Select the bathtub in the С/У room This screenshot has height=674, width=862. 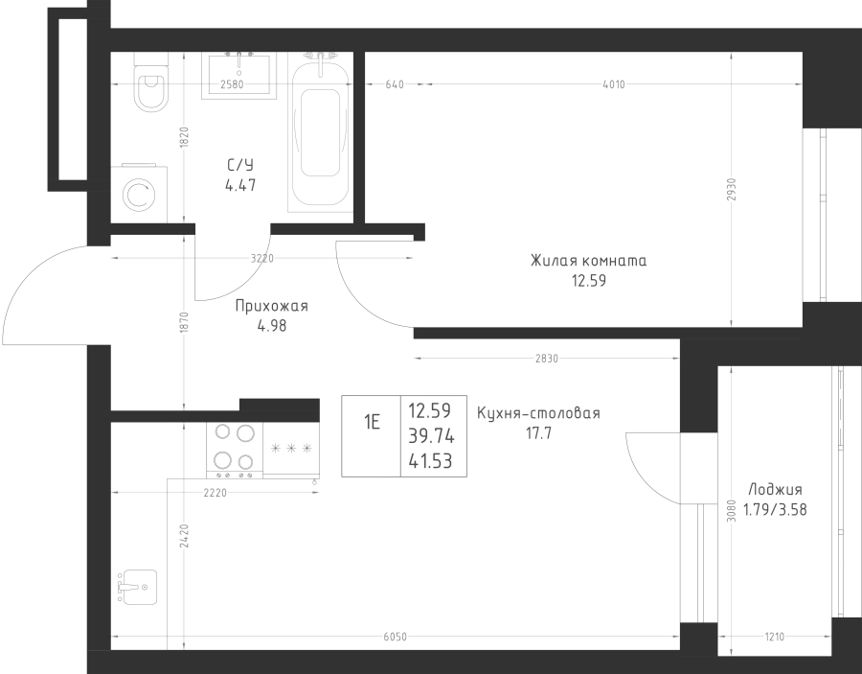pyautogui.click(x=320, y=132)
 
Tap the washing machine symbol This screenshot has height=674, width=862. pyautogui.click(x=139, y=194)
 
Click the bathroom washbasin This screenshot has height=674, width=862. pyautogui.click(x=238, y=76)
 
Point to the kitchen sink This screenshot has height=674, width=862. pyautogui.click(x=137, y=587)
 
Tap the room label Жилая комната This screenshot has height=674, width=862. pyautogui.click(x=588, y=260)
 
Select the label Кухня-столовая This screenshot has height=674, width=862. pyautogui.click(x=538, y=412)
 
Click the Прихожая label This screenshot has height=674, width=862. pyautogui.click(x=272, y=306)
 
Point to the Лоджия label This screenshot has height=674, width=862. pyautogui.click(x=775, y=490)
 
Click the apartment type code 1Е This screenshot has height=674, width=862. pyautogui.click(x=372, y=423)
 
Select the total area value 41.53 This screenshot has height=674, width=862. pyautogui.click(x=430, y=461)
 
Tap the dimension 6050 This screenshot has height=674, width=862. pyautogui.click(x=395, y=637)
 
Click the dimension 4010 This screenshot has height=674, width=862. pyautogui.click(x=614, y=84)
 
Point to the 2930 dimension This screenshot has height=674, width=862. pyautogui.click(x=731, y=189)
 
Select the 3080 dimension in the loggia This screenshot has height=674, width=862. pyautogui.click(x=731, y=510)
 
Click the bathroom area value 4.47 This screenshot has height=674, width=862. pyautogui.click(x=240, y=185)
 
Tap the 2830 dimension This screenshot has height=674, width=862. pyautogui.click(x=547, y=359)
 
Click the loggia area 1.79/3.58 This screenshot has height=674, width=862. pyautogui.click(x=775, y=510)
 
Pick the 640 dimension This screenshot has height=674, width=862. pyautogui.click(x=395, y=84)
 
